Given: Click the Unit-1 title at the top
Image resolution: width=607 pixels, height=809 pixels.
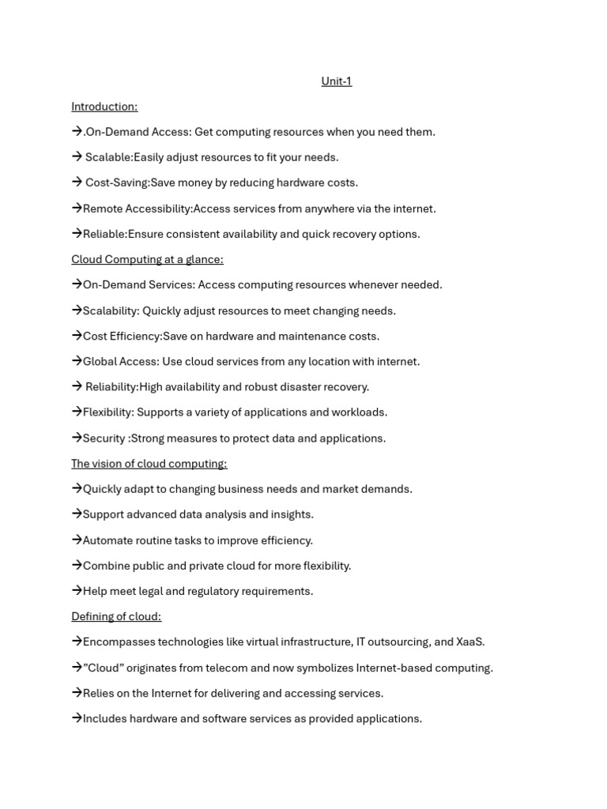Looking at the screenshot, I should [336, 81].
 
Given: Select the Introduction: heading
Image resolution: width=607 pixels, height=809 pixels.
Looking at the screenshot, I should [104, 107].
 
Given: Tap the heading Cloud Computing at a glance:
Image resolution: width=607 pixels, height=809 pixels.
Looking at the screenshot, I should [147, 259].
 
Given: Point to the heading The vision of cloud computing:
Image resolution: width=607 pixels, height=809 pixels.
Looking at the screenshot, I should [149, 464].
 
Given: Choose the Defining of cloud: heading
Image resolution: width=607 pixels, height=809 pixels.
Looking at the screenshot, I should [116, 616].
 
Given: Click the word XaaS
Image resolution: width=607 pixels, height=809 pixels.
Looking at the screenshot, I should [469, 642].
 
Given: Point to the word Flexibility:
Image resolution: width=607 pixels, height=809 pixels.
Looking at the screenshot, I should [108, 412].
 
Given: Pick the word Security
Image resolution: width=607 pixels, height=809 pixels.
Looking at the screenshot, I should [104, 438].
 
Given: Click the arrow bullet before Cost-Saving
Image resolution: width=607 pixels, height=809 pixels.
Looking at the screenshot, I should [77, 182].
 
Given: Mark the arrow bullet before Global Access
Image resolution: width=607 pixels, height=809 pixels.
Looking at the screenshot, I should [77, 361].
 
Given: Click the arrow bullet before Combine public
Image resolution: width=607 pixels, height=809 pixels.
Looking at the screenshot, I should [77, 565].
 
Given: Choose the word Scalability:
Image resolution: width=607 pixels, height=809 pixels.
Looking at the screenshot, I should [111, 310].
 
